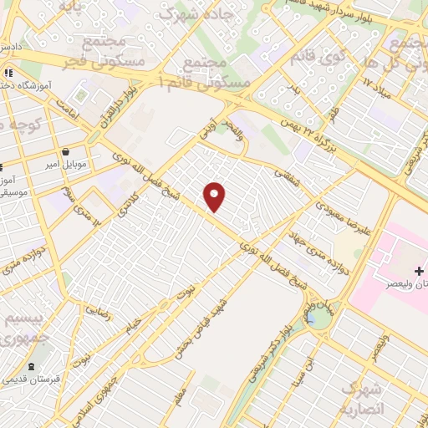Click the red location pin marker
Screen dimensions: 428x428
[x=216, y=196]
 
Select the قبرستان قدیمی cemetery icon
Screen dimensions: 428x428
[x=32, y=367]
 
